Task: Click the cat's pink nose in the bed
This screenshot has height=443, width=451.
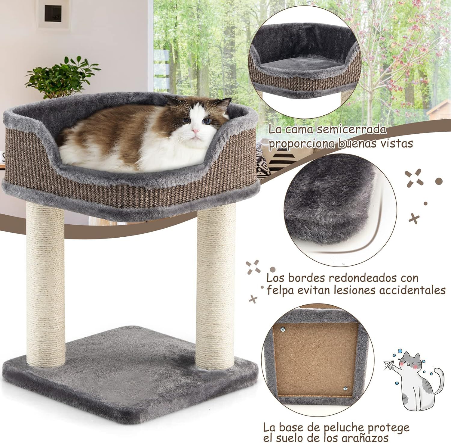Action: (x=195, y=131)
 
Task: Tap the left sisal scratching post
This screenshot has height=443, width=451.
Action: (x=45, y=280)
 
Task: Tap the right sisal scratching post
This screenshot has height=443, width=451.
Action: (x=215, y=280)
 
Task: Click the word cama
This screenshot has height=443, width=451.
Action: (x=299, y=129)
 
